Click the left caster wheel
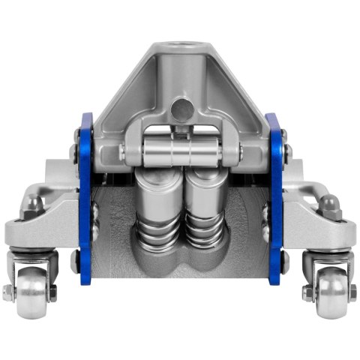coord(32,292)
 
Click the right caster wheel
coord(328,292)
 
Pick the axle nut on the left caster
coord(7,291)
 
